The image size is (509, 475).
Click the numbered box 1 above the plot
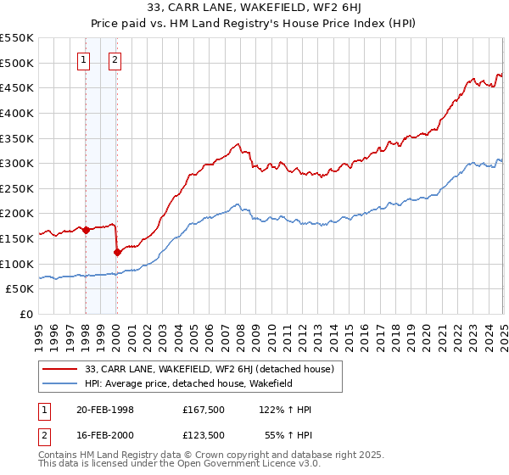pyautogui.click(x=85, y=59)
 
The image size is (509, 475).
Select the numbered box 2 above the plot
pyautogui.click(x=115, y=59)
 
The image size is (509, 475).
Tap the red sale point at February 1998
pyautogui.click(x=86, y=230)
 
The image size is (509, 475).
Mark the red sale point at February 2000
pyautogui.click(x=117, y=252)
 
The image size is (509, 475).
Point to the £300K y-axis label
pyautogui.click(x=19, y=163)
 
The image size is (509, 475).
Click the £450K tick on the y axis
pyautogui.click(x=19, y=87)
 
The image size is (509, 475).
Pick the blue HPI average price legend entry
pyautogui.click(x=187, y=383)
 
